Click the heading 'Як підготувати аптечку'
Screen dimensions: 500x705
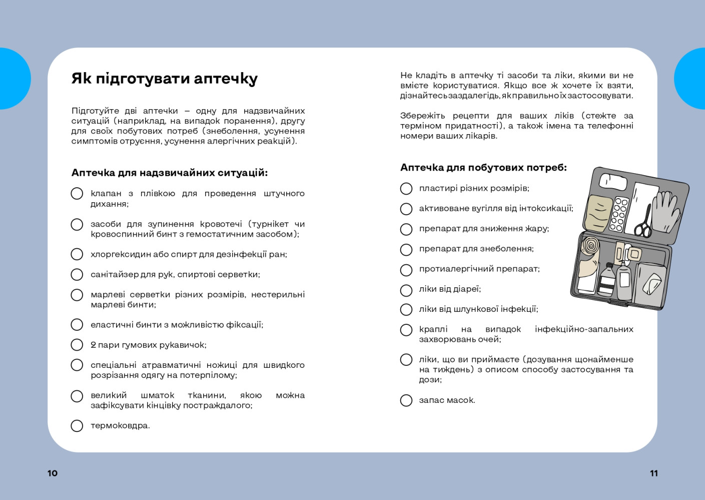pos(164,79)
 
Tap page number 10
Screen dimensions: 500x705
pos(53,473)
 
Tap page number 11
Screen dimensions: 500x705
pos(653,473)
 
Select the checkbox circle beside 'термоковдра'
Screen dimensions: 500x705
pos(77,426)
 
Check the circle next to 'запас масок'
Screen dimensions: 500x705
pos(406,400)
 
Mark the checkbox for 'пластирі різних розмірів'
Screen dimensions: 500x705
pos(406,189)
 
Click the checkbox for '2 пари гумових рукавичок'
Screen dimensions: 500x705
pos(77,345)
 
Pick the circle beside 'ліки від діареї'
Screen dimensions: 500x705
pos(406,290)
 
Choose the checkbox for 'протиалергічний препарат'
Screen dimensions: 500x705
pos(406,270)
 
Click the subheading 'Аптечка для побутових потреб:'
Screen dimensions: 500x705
pos(483,168)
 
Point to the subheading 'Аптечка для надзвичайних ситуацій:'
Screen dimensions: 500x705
pos(169,173)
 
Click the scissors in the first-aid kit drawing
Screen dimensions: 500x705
pos(644,223)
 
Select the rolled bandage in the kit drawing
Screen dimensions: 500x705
pos(590,246)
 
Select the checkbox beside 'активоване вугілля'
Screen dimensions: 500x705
pos(406,209)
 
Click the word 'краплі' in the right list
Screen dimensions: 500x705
pos(433,329)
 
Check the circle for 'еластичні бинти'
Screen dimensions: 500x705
pos(77,325)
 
